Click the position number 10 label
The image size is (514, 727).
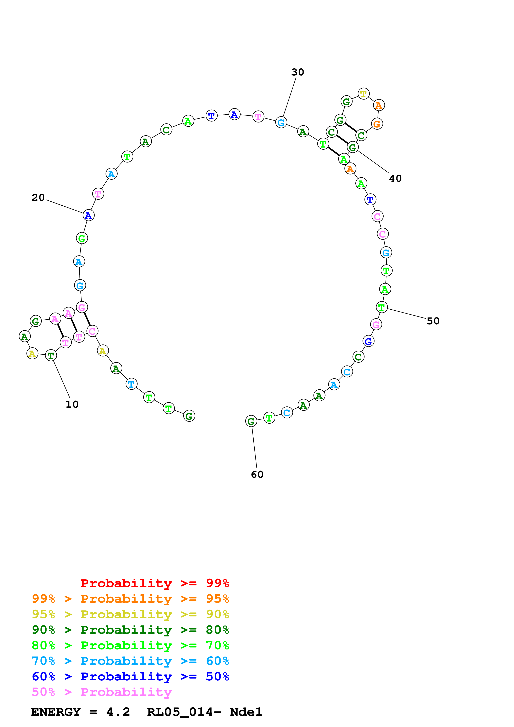[72, 404]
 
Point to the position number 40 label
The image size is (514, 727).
[395, 179]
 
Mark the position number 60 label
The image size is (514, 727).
[257, 474]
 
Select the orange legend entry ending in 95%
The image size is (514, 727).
[130, 599]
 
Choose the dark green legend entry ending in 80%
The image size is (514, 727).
[130, 630]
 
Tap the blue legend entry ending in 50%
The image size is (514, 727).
[130, 676]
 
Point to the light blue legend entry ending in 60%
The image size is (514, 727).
[130, 661]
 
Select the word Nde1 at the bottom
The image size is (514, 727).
[246, 712]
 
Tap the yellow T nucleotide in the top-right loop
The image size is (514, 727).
[363, 94]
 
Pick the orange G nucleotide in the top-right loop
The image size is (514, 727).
[377, 124]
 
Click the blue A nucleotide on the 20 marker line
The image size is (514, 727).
[88, 215]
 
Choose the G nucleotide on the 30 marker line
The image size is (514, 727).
[281, 122]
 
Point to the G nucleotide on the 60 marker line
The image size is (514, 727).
[251, 421]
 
